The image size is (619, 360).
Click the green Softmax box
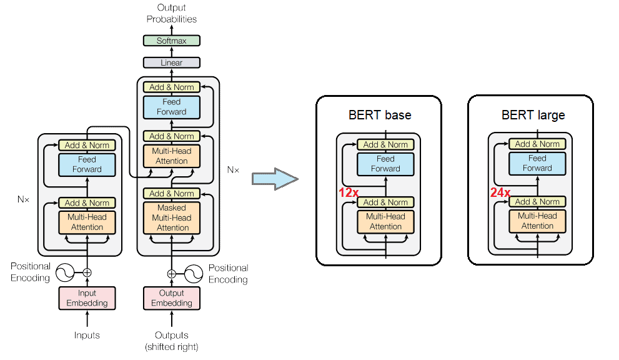172,41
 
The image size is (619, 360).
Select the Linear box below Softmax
172,62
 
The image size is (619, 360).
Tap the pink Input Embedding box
87,298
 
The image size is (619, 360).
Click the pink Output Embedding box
172,298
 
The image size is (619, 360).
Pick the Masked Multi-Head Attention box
172,217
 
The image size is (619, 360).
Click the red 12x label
349,193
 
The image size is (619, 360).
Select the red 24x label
500,193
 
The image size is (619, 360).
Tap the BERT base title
380,115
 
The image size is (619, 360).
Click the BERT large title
533,115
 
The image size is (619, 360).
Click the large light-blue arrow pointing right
274,179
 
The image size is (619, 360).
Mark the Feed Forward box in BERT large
537,163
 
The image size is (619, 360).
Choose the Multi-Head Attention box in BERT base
385,221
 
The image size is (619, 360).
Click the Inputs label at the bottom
87,336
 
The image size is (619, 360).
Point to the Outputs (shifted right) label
172,341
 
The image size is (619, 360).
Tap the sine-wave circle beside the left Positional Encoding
65,272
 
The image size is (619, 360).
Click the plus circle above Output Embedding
172,273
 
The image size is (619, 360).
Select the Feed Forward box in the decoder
172,107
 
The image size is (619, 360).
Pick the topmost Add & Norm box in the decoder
172,87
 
